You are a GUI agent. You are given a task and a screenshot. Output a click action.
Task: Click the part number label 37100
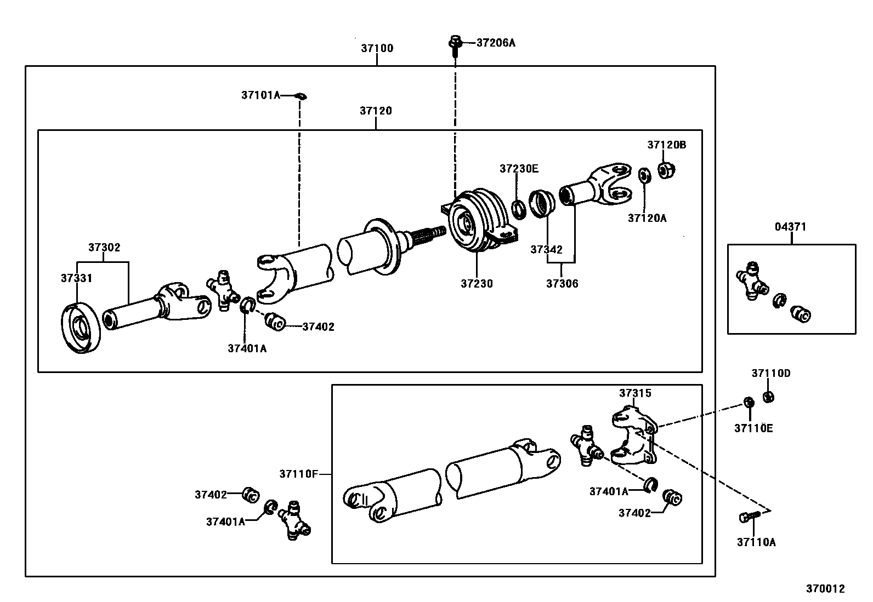[x=377, y=48]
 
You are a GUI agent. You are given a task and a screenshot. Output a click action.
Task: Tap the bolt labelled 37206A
[x=455, y=46]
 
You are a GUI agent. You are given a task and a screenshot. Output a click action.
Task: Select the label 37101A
[x=260, y=95]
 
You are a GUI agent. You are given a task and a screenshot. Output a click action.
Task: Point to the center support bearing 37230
[x=480, y=220]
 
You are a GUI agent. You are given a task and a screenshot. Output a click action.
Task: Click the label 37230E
[x=519, y=169]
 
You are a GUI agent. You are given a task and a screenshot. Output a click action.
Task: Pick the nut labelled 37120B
[x=666, y=170]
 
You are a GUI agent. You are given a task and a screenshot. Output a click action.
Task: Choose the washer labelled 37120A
[x=645, y=175]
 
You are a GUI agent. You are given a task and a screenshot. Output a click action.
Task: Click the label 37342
[x=546, y=249]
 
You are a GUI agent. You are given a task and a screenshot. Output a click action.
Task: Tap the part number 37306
[x=562, y=284]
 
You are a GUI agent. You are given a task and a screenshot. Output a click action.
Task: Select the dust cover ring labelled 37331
[x=81, y=328]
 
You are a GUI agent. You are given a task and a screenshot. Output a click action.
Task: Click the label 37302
[x=104, y=247]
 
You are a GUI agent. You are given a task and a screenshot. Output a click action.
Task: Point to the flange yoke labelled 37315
[x=634, y=435]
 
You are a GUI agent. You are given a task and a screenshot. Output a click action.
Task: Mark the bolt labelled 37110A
[x=749, y=517]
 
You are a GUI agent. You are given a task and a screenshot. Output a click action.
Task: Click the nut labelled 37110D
[x=768, y=397]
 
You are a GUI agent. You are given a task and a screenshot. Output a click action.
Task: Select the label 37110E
[x=753, y=428]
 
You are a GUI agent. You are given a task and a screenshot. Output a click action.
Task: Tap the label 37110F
[x=298, y=474]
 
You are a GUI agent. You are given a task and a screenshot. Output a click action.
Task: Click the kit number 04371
[x=790, y=227]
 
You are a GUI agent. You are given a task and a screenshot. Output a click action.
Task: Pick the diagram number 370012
[x=825, y=589]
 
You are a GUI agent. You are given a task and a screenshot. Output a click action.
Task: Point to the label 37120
[x=376, y=111]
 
